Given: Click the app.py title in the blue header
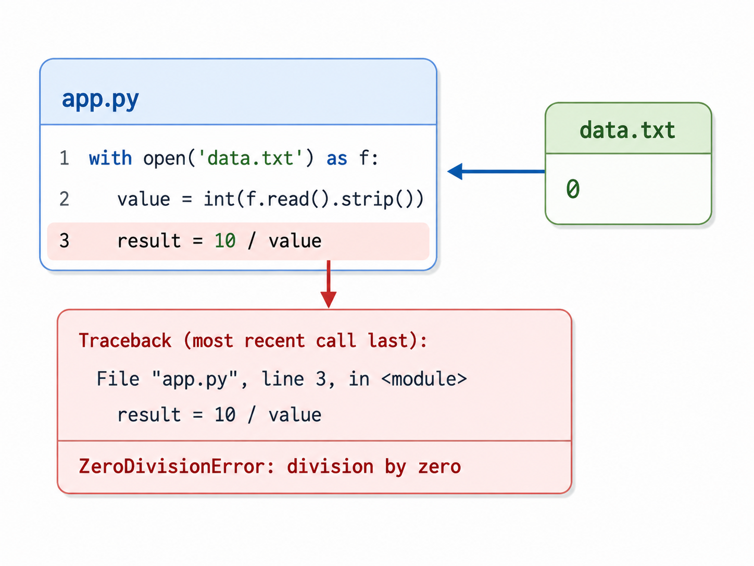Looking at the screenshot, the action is point(100,100).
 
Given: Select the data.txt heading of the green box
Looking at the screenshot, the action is point(627,130).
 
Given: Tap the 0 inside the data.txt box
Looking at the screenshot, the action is point(573,189).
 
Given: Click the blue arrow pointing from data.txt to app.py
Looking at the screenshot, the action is point(496,171).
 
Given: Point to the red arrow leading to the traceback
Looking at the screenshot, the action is point(329,284).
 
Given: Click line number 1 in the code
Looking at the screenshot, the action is point(64,158).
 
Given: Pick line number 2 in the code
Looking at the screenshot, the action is point(64,199).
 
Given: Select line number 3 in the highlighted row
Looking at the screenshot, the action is point(64,240).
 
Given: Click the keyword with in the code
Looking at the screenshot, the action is point(110,158).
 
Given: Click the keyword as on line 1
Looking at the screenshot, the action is point(336,159).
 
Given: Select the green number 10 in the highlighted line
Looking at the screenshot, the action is point(225,241).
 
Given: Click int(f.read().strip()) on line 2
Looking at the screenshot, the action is point(313,199).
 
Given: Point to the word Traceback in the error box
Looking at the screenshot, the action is point(125,340).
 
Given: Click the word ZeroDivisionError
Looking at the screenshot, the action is point(172,466).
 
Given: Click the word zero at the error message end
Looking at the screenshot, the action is point(439,467).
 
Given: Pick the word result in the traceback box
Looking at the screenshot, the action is point(149,415).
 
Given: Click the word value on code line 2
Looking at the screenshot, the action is point(144,199).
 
